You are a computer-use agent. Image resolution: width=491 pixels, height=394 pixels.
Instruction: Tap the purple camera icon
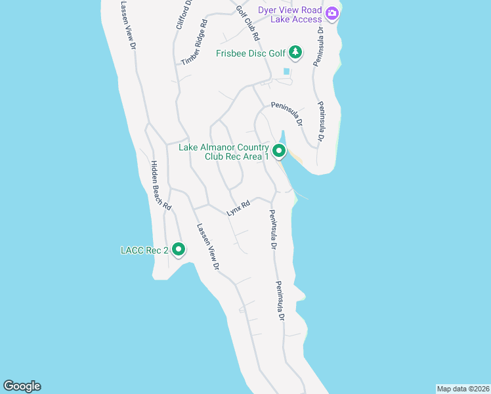click(x=331, y=12)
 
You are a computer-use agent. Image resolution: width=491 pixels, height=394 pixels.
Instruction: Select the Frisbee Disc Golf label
click(x=251, y=53)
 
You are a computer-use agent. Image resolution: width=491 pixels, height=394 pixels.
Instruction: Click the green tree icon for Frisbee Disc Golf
click(x=295, y=52)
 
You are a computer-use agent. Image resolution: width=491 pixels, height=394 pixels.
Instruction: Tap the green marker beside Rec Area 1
click(x=279, y=152)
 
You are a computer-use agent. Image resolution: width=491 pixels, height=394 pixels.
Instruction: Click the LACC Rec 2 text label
click(x=144, y=250)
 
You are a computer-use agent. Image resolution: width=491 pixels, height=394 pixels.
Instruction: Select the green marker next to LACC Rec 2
click(x=179, y=250)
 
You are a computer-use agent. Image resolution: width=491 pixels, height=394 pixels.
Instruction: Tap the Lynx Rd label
click(x=238, y=208)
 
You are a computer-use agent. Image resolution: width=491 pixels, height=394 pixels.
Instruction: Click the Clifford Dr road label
click(x=183, y=14)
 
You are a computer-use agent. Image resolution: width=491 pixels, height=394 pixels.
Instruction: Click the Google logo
click(x=22, y=386)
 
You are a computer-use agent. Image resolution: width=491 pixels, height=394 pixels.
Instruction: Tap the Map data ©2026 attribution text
click(x=463, y=388)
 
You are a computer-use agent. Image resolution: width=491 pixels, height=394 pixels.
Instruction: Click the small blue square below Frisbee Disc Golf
click(x=286, y=71)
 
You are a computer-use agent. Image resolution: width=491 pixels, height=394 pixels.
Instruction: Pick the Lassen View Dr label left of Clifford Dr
click(x=127, y=25)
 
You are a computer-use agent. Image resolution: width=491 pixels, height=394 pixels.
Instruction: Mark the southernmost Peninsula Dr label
click(x=280, y=301)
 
